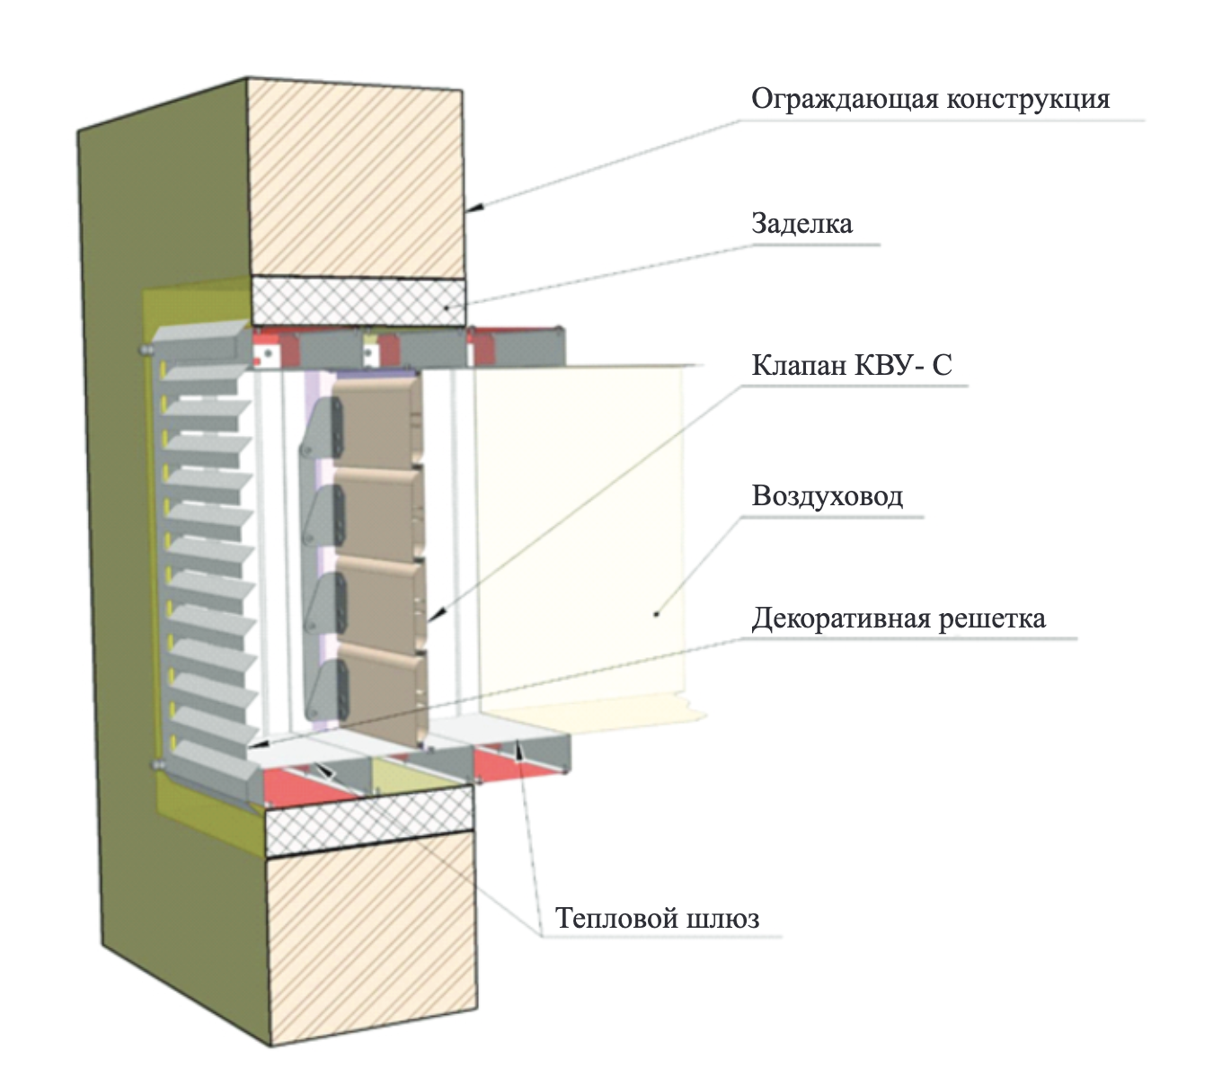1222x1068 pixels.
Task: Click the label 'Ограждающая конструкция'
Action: pyautogui.click(x=930, y=98)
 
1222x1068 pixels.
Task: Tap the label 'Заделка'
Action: pyautogui.click(x=801, y=223)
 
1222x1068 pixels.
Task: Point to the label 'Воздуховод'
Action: pyautogui.click(x=827, y=495)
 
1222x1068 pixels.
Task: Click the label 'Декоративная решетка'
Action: pyautogui.click(x=898, y=619)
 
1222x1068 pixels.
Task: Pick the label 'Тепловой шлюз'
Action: pyautogui.click(x=657, y=918)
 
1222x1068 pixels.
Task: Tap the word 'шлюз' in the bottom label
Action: pyautogui.click(x=722, y=918)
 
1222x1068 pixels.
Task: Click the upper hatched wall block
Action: pyautogui.click(x=359, y=180)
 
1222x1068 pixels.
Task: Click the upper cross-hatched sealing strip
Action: pyautogui.click(x=359, y=300)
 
